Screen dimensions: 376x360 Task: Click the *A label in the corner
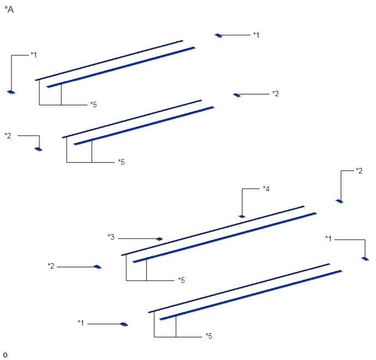pos(9,9)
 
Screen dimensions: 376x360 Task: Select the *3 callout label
pos(111,237)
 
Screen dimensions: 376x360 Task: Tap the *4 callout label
pos(266,189)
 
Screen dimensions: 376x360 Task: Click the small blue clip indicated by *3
pos(160,239)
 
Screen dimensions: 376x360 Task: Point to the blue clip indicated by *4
pos(242,217)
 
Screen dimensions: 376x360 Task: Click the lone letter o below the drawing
pos(5,355)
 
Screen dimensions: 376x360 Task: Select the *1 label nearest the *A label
pos(34,55)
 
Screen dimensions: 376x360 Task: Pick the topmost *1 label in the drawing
pos(256,35)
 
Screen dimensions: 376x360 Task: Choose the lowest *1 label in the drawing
pos(81,323)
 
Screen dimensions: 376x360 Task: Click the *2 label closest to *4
pos(359,171)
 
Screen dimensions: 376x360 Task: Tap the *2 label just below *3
pos(51,266)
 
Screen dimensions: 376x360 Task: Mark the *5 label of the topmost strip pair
pos(93,104)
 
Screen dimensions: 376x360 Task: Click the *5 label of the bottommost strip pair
pos(209,336)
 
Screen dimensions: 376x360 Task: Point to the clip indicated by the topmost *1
pos(219,36)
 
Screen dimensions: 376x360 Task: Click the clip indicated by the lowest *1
pos(124,324)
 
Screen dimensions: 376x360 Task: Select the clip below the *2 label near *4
pos(339,201)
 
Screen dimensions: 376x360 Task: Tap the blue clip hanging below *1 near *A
pos(11,92)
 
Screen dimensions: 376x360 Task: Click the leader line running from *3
pos(137,239)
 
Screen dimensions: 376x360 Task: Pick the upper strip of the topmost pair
pos(109,60)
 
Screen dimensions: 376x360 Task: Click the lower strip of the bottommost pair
pos(251,295)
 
